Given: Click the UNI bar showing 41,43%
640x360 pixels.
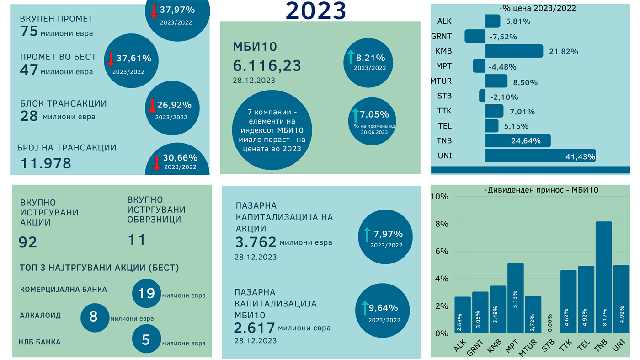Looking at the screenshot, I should [539, 156].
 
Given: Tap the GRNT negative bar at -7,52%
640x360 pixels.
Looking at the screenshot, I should [475, 36].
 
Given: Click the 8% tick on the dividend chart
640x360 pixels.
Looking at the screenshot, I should [441, 224].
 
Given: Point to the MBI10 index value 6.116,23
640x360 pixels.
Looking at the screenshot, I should [267, 66].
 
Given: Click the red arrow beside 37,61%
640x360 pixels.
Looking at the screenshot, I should [111, 59].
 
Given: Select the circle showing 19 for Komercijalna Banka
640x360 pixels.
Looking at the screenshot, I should [146, 293].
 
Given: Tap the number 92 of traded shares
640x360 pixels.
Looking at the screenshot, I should [28, 242].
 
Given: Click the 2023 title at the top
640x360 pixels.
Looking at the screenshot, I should [315, 11].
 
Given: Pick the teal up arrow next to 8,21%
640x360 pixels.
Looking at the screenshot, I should [351, 57].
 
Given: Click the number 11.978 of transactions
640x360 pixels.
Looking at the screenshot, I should [46, 163].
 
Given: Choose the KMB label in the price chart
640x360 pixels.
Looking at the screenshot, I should [444, 51].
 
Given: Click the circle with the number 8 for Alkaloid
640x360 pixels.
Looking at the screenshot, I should [94, 317].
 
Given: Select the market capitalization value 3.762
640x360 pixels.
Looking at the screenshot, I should [256, 242].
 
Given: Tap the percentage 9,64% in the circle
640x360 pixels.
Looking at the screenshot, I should [383, 308].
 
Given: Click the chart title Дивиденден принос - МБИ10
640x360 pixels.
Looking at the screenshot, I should [543, 190].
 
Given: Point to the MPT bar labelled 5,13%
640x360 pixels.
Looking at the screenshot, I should [515, 298].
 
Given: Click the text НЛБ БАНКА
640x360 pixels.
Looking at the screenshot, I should [39, 342].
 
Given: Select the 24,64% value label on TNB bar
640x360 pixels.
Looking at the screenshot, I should [526, 141].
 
